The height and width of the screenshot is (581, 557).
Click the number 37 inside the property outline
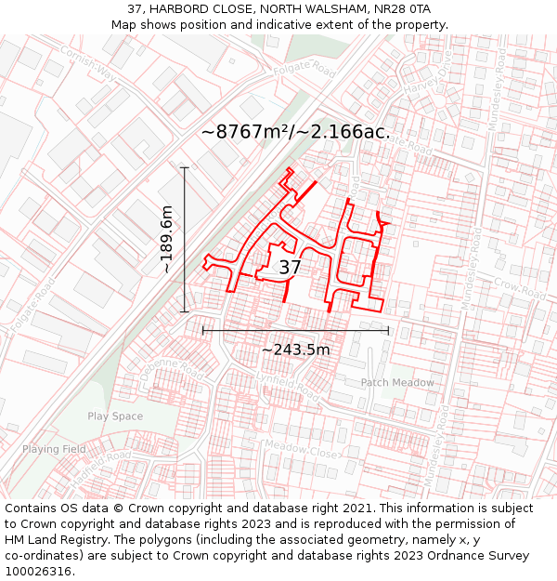pos(290,268)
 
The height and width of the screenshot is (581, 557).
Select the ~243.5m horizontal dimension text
pos(295,350)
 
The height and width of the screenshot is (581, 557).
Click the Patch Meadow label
pos(396,383)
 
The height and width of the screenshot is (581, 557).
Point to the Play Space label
pos(115,416)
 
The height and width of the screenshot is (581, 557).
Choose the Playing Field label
pos(54,449)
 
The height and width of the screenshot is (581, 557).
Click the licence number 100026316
pos(38,572)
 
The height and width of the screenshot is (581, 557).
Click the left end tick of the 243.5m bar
pos(202,330)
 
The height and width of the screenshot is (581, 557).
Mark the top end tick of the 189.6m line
pos(185,167)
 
